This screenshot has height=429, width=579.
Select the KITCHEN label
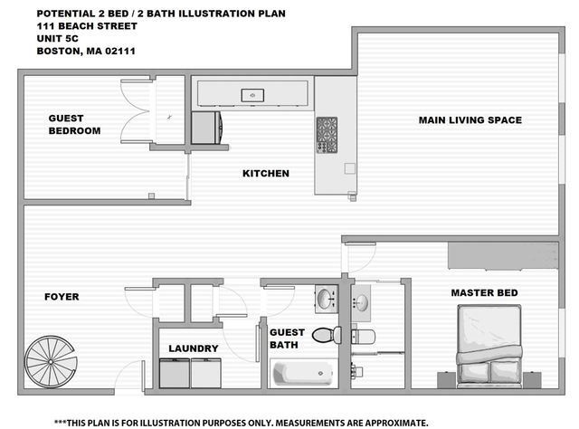click(x=265, y=173)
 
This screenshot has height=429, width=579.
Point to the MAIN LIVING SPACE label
click(x=470, y=120)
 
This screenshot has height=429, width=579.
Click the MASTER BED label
click(x=484, y=292)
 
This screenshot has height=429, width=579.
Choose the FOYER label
click(x=62, y=296)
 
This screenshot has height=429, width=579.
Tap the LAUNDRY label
click(x=194, y=348)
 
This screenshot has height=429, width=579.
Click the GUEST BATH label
click(x=288, y=338)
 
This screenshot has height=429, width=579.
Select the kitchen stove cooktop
click(x=327, y=134)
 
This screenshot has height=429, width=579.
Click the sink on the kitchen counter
click(x=252, y=94)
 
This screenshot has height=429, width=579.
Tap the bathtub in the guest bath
click(x=303, y=373)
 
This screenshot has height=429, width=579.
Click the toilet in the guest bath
click(x=326, y=335)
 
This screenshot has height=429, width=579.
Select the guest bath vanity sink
click(x=327, y=298)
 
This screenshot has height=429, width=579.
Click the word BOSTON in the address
click(x=58, y=52)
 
